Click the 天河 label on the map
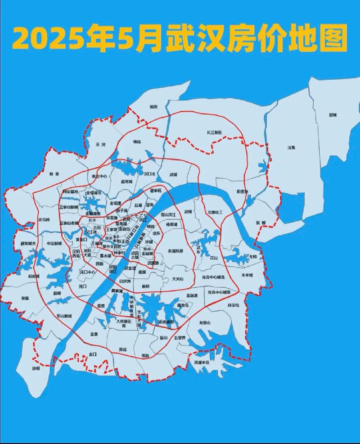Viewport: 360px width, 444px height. pyautogui.click(x=100, y=145)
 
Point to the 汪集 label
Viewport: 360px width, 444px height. pyautogui.click(x=292, y=147)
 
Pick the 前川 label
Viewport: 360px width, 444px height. pyautogui.click(x=154, y=107)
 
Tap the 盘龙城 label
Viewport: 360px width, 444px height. pyautogui.click(x=127, y=181)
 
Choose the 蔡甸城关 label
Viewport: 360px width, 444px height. pyautogui.click(x=27, y=244)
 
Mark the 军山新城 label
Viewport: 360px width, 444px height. pyautogui.click(x=63, y=316)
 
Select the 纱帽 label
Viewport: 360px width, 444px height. pyautogui.click(x=36, y=368)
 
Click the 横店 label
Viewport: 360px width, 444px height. pyautogui.click(x=137, y=141)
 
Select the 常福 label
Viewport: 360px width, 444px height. pyautogui.click(x=24, y=299)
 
